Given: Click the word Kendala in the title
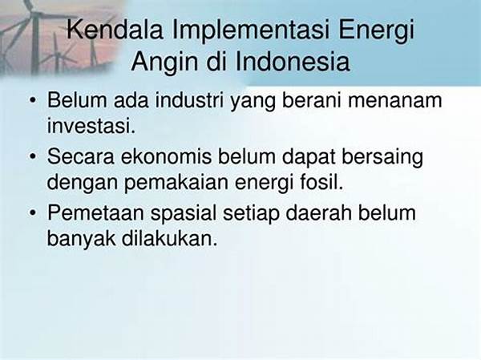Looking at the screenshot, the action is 115,30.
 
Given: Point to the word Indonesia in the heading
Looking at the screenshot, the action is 293,62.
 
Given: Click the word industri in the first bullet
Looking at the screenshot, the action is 189,100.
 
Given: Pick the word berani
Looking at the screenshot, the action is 311,100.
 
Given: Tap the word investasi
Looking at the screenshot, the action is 91,126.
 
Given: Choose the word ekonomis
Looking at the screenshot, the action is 166,156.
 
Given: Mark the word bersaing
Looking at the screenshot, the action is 382,157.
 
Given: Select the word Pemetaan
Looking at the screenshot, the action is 95,212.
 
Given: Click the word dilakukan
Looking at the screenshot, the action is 170,238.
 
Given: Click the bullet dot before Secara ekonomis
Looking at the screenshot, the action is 33,156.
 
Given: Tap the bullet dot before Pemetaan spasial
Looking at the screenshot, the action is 33,213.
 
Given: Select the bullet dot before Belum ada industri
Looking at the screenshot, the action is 33,100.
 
